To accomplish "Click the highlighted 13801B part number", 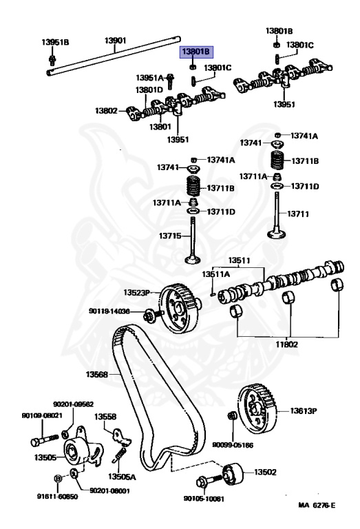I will click(x=198, y=52).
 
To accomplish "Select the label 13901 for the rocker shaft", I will click(x=115, y=41).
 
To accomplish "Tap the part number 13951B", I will click(x=56, y=42).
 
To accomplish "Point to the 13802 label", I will click(x=107, y=110).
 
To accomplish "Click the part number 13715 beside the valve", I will click(x=169, y=236).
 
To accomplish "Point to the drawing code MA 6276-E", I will click(x=317, y=506).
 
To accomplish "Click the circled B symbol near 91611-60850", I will click(x=58, y=477).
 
